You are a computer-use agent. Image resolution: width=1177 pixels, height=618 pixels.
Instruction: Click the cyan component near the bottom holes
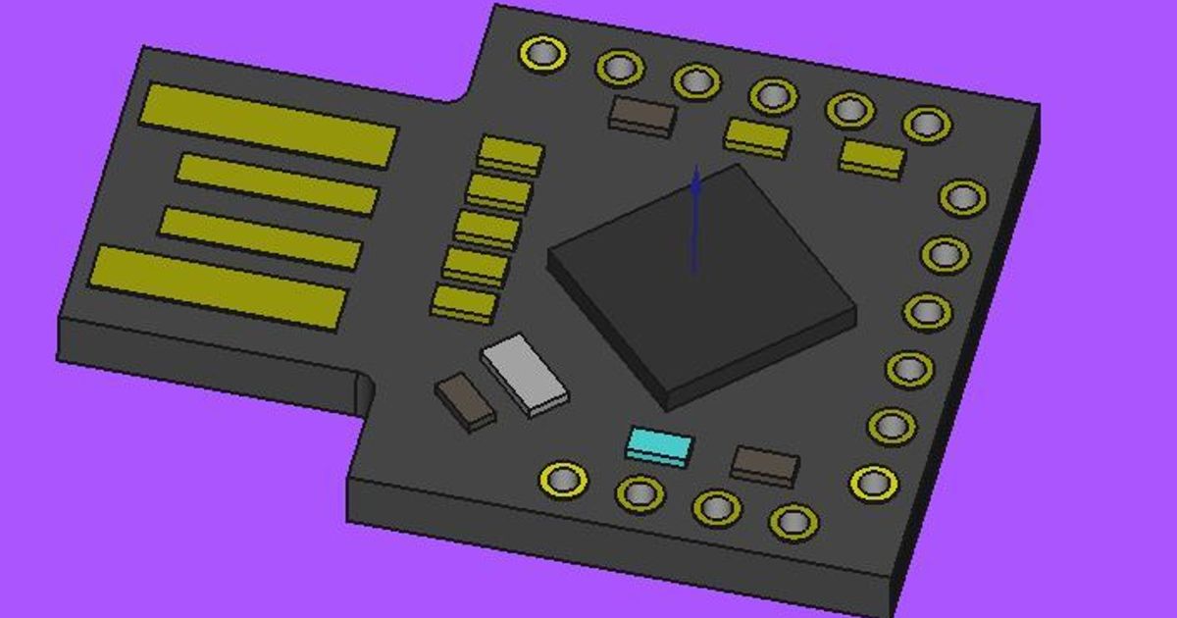tap(659, 446)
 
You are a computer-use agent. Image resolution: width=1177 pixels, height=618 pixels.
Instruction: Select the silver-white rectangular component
tap(525, 374)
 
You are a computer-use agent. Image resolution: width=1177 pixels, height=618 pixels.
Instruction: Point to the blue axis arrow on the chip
tap(694, 221)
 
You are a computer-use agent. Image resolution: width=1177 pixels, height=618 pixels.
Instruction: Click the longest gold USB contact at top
tap(268, 125)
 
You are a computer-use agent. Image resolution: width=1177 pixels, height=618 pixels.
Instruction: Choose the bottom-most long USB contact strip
tap(220, 286)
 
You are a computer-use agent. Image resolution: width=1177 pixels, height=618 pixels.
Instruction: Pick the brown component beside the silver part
tap(465, 399)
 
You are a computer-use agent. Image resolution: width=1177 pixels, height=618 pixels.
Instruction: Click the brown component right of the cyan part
tap(765, 464)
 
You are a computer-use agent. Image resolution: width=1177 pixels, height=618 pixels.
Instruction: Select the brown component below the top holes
tap(642, 113)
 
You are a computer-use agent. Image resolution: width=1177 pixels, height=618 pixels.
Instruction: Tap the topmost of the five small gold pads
tap(511, 154)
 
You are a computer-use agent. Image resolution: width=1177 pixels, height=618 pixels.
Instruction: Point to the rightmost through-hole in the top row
tap(926, 124)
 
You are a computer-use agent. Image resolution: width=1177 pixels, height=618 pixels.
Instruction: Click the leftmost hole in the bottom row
tap(564, 479)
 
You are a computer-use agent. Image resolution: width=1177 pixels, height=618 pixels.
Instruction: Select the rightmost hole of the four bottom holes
tap(793, 521)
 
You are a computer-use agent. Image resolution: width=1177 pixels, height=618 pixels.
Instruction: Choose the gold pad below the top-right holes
tap(872, 157)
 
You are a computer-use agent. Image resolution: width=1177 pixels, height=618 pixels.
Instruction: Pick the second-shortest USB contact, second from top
tap(278, 183)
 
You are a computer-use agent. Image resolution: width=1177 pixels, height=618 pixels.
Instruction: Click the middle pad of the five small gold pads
tap(487, 229)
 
